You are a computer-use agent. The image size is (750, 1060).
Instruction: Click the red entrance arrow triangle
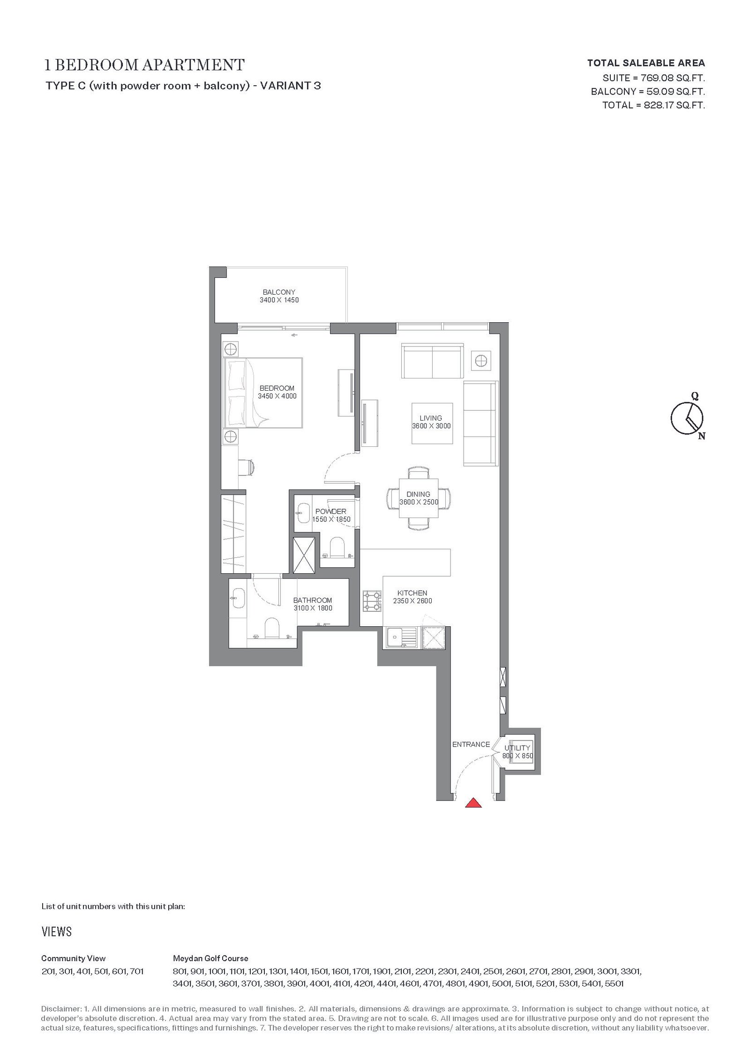(x=473, y=803)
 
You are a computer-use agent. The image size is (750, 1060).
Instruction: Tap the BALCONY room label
(x=279, y=292)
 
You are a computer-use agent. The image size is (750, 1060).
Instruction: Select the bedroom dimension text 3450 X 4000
(x=277, y=396)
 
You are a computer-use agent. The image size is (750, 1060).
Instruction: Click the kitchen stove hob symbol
(x=372, y=601)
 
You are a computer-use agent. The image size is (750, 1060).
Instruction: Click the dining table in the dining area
(x=418, y=497)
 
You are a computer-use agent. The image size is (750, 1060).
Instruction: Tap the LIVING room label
(x=431, y=418)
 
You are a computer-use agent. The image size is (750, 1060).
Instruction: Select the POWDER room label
(x=330, y=511)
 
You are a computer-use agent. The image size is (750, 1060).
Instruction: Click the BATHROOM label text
(x=313, y=600)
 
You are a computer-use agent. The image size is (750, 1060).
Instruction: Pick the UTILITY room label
(x=517, y=748)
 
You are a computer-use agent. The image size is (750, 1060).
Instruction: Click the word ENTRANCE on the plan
(x=471, y=744)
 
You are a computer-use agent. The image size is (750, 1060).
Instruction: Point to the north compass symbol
(x=687, y=417)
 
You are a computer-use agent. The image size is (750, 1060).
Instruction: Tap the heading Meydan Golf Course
(x=210, y=958)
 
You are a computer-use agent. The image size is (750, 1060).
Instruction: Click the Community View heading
(x=74, y=958)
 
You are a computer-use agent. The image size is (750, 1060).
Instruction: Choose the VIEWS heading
(x=57, y=932)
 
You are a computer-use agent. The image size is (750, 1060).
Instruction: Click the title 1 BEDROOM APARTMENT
(x=144, y=65)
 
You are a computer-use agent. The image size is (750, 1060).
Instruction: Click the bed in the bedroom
(x=263, y=393)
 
